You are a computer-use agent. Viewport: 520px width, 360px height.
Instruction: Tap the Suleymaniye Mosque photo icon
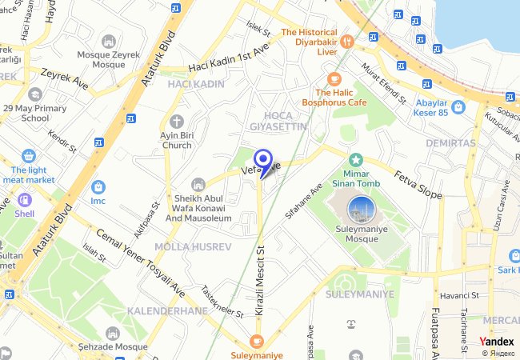click(362, 210)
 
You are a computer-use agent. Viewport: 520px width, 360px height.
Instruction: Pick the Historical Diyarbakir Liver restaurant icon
click(346, 41)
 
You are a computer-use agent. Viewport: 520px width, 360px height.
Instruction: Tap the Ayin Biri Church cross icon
click(176, 121)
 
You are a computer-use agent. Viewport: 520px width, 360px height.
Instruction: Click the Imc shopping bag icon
click(98, 186)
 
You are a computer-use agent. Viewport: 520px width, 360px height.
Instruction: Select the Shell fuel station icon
click(24, 200)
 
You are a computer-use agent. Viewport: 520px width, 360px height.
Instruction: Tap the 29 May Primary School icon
click(34, 94)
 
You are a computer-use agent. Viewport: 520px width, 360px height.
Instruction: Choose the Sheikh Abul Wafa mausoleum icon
click(198, 186)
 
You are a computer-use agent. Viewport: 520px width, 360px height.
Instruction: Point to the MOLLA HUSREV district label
click(193, 246)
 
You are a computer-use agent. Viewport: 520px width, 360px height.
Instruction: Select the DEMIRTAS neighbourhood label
click(450, 143)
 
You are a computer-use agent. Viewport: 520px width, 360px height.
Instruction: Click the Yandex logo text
click(497, 341)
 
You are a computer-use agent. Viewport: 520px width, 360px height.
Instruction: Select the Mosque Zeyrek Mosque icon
click(109, 41)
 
